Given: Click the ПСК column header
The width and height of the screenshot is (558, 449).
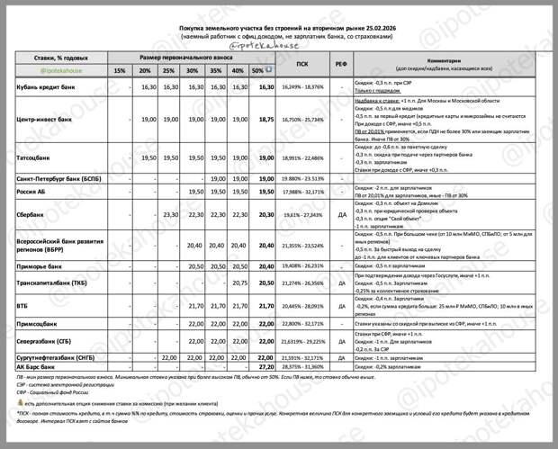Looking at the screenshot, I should point(301,65).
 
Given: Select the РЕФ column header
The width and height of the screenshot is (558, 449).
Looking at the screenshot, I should point(341,65).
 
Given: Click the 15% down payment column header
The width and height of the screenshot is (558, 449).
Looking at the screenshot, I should point(120,70).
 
